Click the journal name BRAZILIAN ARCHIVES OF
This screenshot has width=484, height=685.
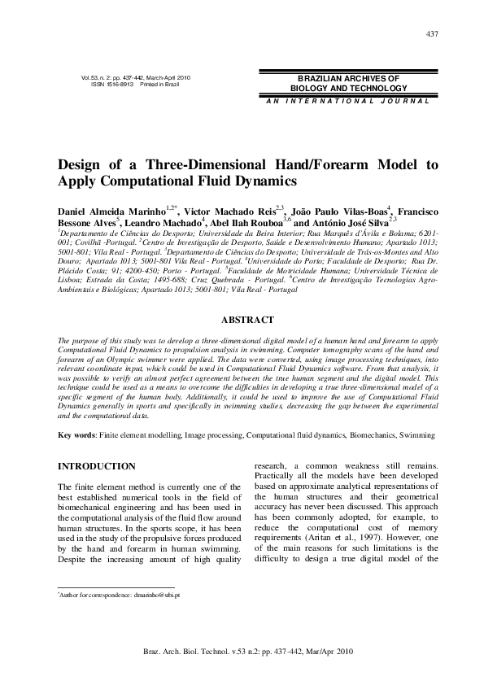[348, 77]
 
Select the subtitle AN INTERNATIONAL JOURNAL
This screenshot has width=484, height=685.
[347, 101]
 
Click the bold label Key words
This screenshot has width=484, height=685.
[76, 436]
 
